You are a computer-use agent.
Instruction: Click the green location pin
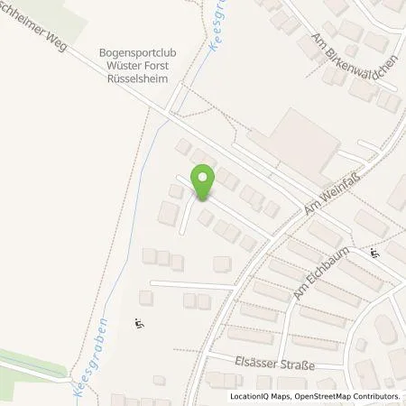point(204,182)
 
